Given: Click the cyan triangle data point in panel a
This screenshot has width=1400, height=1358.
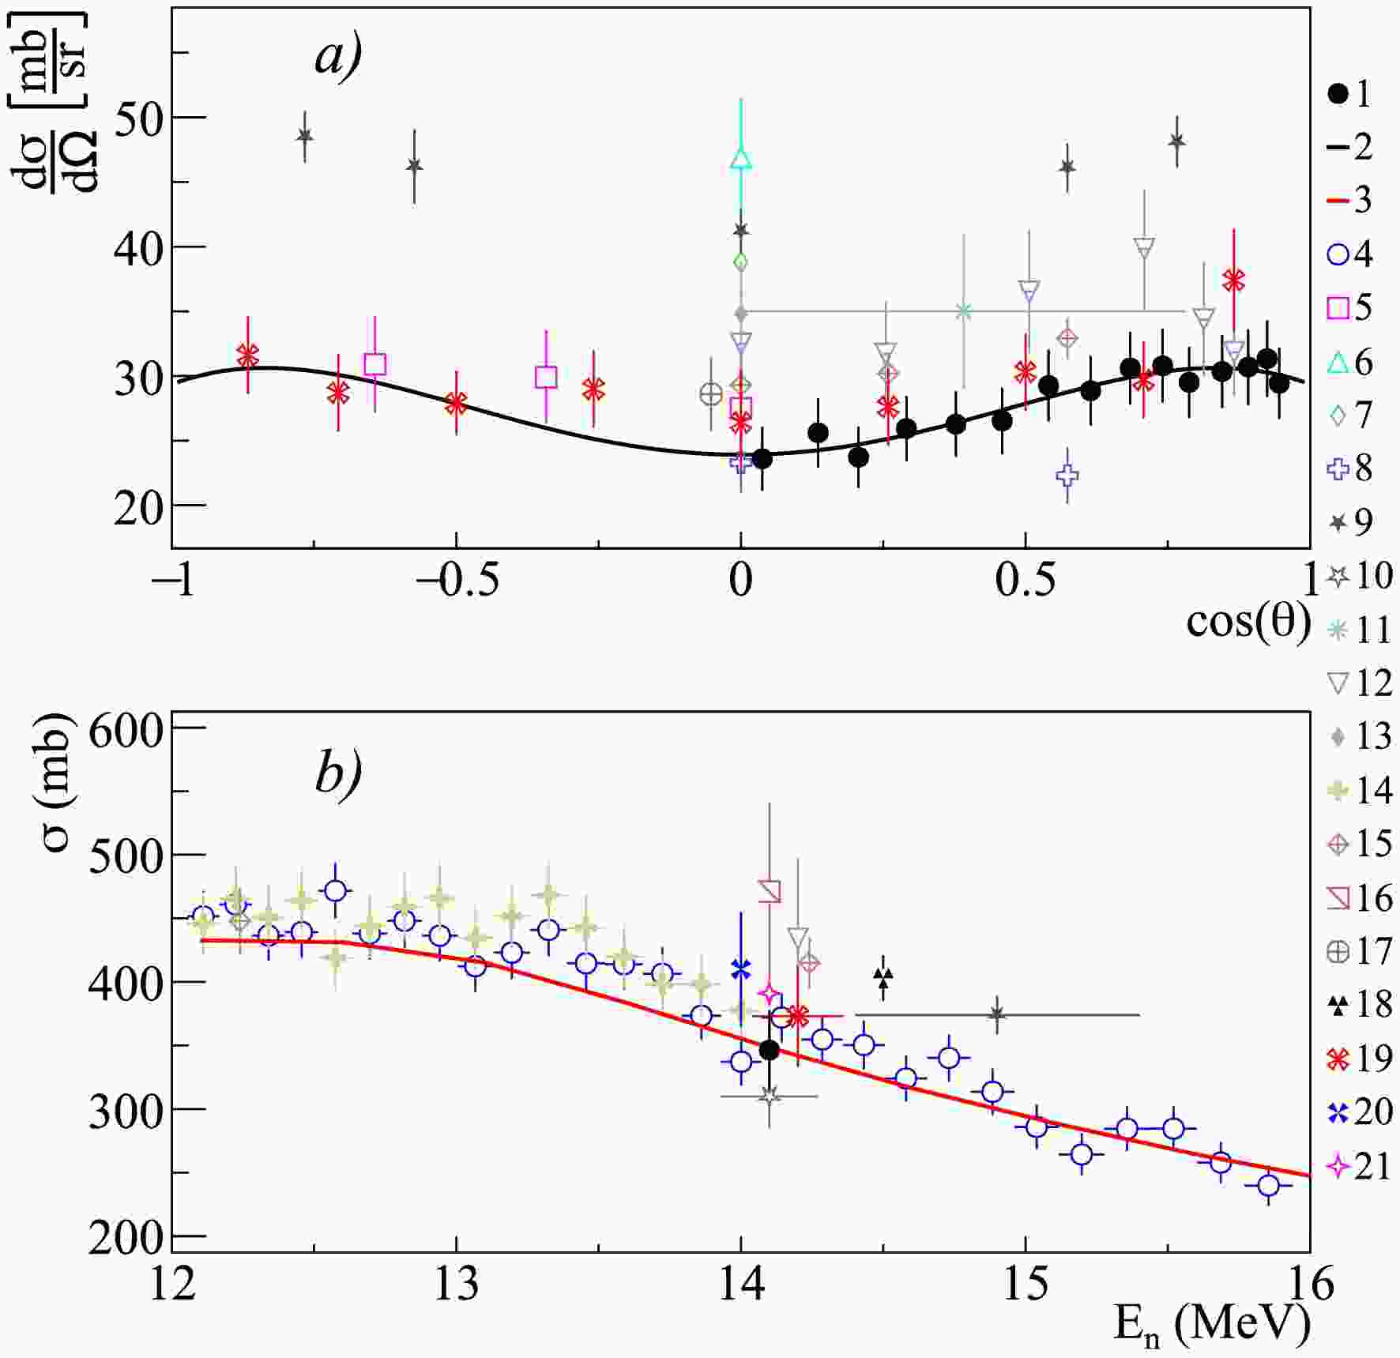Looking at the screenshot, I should pos(740,159).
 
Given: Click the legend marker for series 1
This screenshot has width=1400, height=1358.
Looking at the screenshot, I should pos(1338,94).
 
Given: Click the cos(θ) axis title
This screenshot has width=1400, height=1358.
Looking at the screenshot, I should pos(1248,621).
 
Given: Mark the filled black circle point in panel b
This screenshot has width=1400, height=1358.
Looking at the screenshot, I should pos(769,1050).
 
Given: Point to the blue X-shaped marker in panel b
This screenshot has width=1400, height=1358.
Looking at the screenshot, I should pos(740,968).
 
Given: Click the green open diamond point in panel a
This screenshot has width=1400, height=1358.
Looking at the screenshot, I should pos(740,261).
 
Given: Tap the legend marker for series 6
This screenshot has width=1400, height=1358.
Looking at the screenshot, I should pos(1338,363).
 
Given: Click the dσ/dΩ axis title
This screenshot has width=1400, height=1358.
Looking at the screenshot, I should pos(56,103).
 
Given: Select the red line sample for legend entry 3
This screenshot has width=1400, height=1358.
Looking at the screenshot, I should pos(1338,201).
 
